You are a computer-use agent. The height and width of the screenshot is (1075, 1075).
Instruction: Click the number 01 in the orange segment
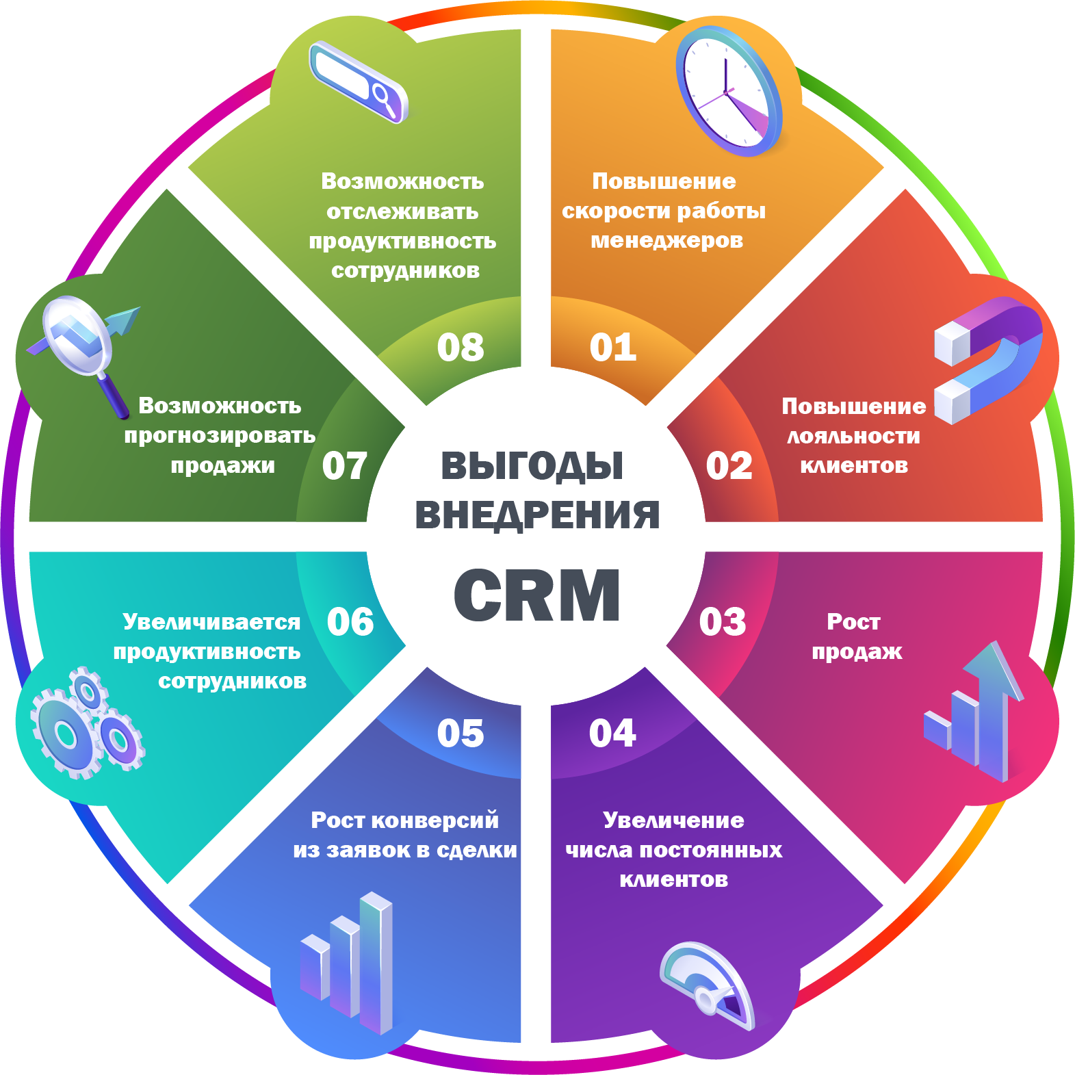(613, 348)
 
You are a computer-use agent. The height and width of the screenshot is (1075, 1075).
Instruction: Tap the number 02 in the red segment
(729, 466)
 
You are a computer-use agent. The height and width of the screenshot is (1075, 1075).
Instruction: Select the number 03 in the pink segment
(723, 622)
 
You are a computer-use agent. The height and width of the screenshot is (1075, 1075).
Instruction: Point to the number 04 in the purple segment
(612, 734)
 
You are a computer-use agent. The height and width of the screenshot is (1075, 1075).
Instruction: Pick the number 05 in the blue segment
(461, 734)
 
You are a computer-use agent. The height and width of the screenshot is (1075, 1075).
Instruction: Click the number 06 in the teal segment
(350, 622)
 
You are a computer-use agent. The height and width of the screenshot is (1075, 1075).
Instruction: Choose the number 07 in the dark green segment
(345, 466)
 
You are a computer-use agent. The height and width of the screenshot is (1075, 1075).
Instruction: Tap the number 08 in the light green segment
(461, 348)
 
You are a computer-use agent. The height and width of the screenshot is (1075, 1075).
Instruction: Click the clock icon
(729, 91)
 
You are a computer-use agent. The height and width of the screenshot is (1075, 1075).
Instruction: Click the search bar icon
(359, 82)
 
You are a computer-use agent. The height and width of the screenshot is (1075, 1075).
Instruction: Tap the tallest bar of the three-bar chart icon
(376, 961)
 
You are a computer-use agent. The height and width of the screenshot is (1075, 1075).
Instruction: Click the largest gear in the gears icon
(66, 734)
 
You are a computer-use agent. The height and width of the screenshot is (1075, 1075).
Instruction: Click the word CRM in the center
(537, 595)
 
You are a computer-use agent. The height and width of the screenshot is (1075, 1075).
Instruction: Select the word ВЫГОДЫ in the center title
(532, 466)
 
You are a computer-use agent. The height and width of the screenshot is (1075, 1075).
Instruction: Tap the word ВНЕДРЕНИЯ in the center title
(537, 515)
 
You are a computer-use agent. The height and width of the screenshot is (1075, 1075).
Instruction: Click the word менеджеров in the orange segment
(666, 241)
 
